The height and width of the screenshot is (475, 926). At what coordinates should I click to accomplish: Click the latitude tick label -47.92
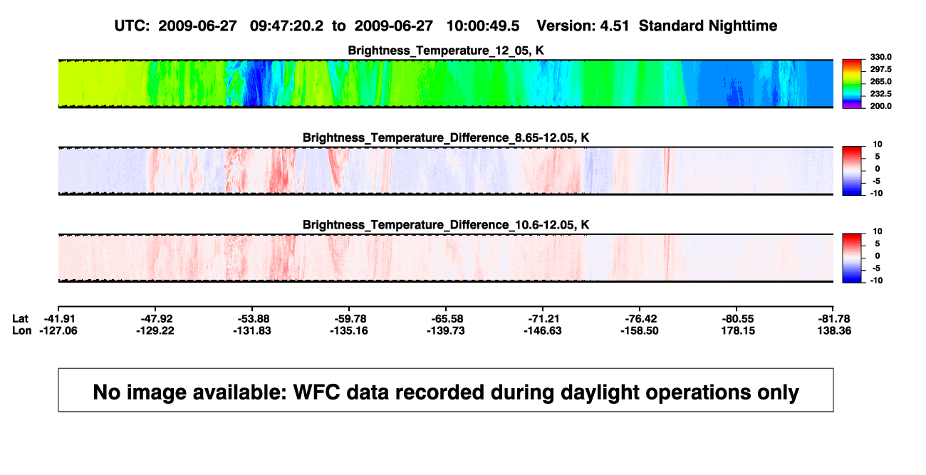156,319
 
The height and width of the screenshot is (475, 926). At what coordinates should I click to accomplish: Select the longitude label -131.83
251,330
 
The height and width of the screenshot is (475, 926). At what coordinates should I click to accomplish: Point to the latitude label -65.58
447,319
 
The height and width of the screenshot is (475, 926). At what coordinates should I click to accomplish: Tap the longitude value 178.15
738,330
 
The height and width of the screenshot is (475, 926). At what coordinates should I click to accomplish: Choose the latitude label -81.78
834,319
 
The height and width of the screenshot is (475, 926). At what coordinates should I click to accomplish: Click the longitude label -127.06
58,330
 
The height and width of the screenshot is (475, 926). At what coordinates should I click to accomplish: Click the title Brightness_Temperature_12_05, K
446,51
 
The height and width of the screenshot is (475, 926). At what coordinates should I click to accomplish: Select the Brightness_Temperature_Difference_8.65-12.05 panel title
446,137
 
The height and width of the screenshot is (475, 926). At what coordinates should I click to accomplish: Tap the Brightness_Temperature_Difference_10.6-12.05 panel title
446,225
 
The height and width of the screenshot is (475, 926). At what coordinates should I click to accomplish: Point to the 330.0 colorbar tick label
880,57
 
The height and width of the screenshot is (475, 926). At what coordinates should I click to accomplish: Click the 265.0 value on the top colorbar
880,81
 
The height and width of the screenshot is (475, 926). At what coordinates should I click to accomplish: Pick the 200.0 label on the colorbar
880,106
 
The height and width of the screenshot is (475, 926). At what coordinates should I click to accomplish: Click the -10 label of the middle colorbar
876,193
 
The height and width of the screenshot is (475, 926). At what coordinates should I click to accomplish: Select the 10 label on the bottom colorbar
878,231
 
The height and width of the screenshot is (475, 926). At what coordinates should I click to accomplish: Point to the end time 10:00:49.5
483,26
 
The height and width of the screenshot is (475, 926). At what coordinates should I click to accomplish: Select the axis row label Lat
20,319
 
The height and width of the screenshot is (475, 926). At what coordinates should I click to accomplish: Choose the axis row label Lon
21,330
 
